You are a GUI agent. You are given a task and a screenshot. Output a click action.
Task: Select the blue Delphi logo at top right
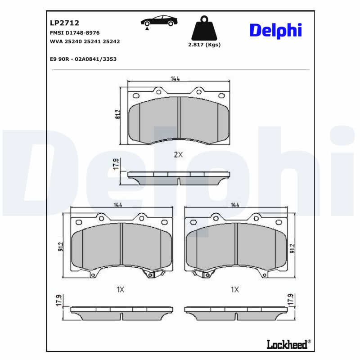click(275, 31)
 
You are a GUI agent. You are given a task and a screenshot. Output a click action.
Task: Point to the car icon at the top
click(158, 21)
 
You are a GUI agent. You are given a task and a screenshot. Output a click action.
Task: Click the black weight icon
click(204, 28)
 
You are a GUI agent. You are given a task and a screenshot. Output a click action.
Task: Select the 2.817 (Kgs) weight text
click(204, 45)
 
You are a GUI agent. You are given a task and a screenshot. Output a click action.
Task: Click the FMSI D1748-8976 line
click(74, 33)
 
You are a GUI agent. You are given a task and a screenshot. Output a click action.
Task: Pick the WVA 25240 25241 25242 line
click(85, 41)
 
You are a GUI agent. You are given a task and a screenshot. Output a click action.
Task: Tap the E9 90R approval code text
click(84, 58)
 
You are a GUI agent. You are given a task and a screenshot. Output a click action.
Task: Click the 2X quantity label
click(179, 155)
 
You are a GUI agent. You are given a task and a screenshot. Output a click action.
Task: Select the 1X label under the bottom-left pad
click(120, 290)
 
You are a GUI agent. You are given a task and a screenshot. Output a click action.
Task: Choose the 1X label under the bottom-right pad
click(234, 290)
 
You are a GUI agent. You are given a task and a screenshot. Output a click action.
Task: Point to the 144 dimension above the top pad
click(175, 79)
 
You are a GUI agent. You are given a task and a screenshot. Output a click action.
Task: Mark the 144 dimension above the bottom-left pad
click(118, 205)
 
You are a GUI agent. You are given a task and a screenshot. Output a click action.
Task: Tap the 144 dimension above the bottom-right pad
click(234, 205)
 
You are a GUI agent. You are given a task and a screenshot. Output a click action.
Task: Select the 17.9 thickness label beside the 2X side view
click(116, 165)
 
